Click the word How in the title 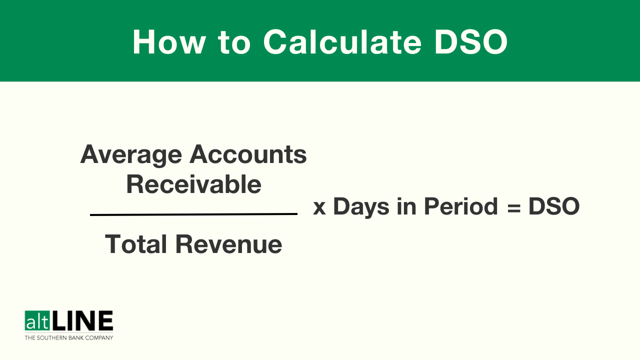169,41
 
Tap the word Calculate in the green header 342,41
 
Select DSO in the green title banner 471,41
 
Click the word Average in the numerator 131,155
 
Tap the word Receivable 193,184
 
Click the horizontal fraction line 193,214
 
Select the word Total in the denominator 136,244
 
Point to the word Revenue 228,244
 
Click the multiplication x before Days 319,207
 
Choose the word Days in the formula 361,207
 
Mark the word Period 461,206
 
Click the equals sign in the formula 513,207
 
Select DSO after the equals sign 553,206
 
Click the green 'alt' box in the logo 37,320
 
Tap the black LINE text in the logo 82,320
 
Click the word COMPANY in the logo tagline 99,338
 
